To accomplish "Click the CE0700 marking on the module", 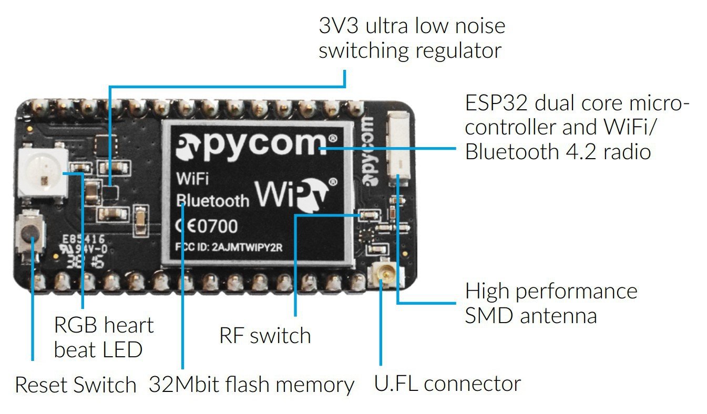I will (206, 226).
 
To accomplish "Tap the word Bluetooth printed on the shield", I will (212, 200).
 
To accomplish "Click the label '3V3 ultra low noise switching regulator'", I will (411, 38).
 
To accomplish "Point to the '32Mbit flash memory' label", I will (251, 385).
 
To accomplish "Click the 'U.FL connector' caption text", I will (447, 384).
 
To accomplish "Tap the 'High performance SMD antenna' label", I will (550, 303).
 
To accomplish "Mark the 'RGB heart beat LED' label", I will (103, 337).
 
